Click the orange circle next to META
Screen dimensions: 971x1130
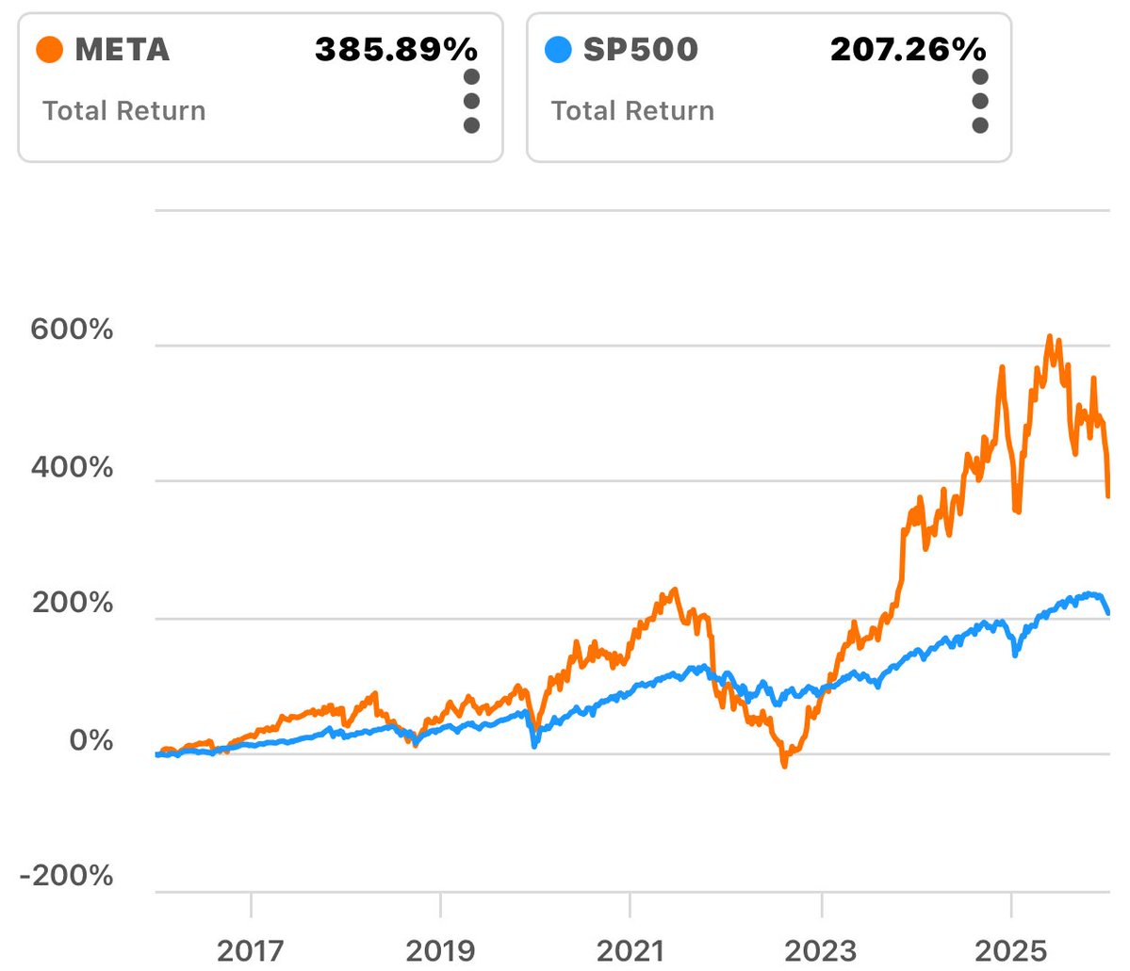[x=49, y=49]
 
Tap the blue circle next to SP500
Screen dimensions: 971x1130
[x=558, y=49]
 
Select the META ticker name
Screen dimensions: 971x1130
[x=123, y=49]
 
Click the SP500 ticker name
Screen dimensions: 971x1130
[x=640, y=49]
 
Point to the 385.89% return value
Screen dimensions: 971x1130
[x=396, y=49]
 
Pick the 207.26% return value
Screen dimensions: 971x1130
[x=908, y=49]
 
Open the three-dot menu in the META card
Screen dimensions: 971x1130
[x=471, y=101]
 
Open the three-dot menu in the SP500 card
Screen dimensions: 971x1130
[x=980, y=101]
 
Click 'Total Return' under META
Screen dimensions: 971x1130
[x=123, y=111]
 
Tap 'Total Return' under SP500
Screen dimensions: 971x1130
[x=632, y=111]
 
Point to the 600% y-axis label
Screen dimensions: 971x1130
[x=72, y=330]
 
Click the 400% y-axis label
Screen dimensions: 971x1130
[x=72, y=467]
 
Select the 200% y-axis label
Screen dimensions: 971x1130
[x=72, y=603]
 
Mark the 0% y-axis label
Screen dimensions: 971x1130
[x=90, y=740]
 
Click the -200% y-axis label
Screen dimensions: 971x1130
[x=66, y=876]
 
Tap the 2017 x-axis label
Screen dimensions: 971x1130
[x=251, y=950]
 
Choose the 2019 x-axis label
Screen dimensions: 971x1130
[x=440, y=950]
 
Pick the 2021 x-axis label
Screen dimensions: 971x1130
[x=630, y=950]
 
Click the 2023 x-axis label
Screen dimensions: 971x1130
[x=821, y=950]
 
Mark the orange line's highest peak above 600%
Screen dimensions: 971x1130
[x=1049, y=336]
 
